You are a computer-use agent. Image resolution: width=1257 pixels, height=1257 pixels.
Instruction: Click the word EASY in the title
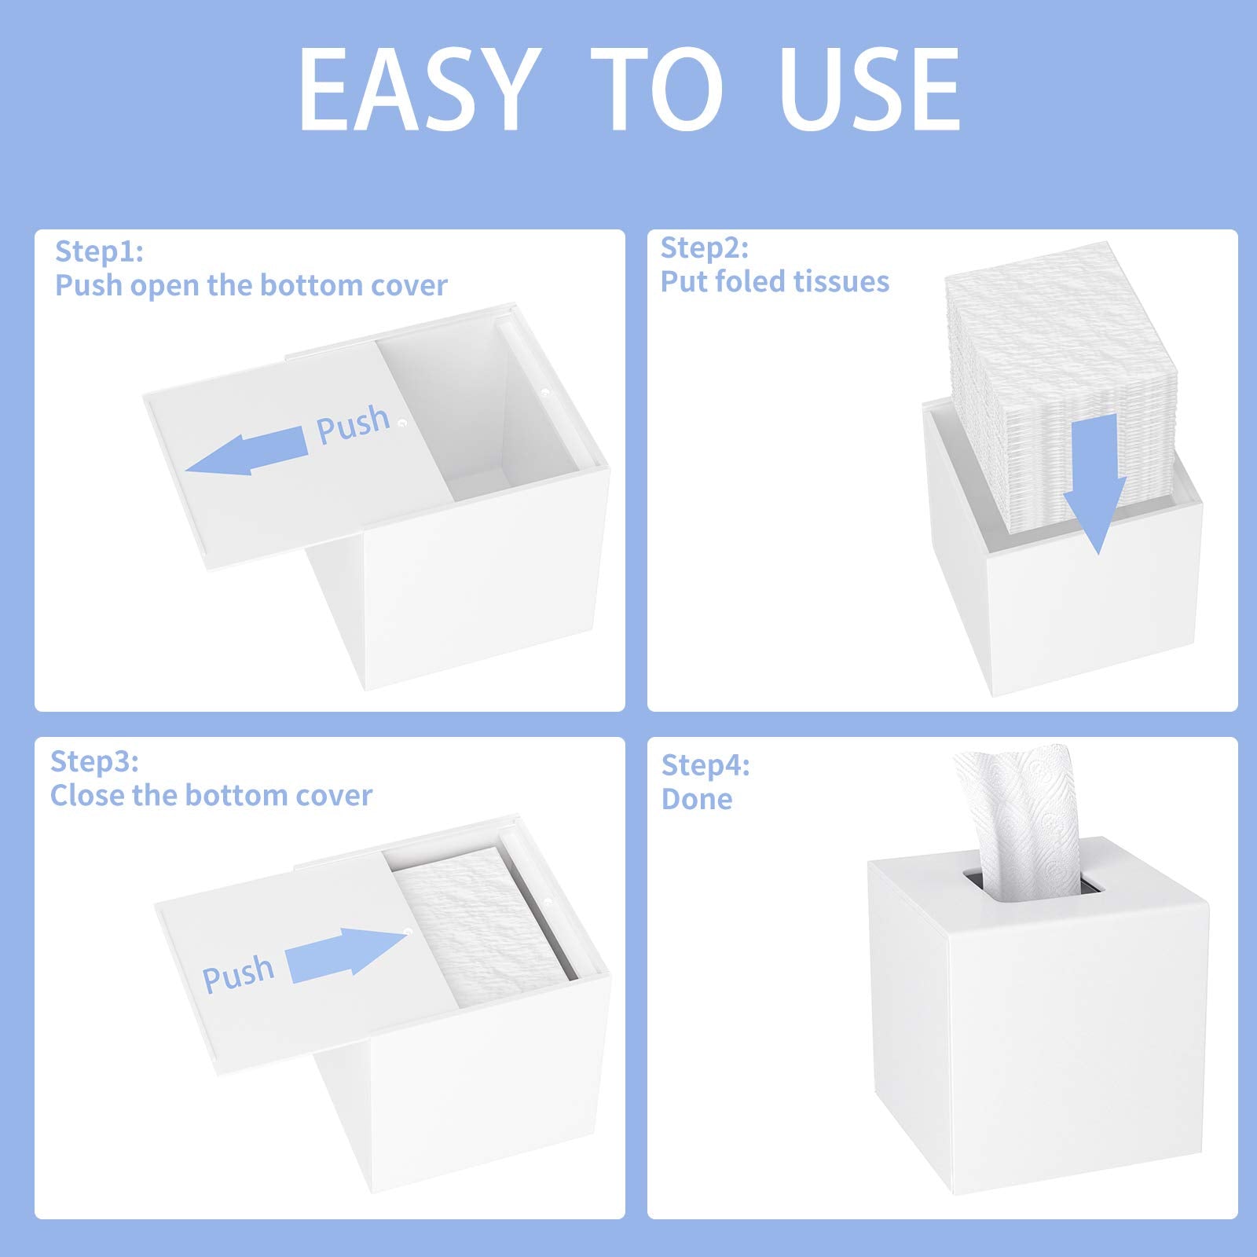tap(420, 90)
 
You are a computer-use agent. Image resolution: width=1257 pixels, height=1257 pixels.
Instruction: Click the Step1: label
tap(99, 251)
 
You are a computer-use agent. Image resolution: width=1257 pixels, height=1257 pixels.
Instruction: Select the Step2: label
tap(704, 247)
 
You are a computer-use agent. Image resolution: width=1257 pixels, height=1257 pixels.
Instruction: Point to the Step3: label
tap(94, 761)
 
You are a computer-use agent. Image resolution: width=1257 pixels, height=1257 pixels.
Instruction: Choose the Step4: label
tap(705, 764)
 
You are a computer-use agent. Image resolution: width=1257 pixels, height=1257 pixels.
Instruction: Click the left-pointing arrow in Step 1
tap(247, 450)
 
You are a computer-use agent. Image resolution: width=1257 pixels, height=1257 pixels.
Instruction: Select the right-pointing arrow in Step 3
tap(346, 953)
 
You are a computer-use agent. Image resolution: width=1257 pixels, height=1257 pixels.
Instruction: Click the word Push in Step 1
tap(353, 424)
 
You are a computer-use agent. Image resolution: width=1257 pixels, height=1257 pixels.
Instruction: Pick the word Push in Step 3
tap(238, 975)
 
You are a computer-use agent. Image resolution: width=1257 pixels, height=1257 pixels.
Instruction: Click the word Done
tap(697, 799)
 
